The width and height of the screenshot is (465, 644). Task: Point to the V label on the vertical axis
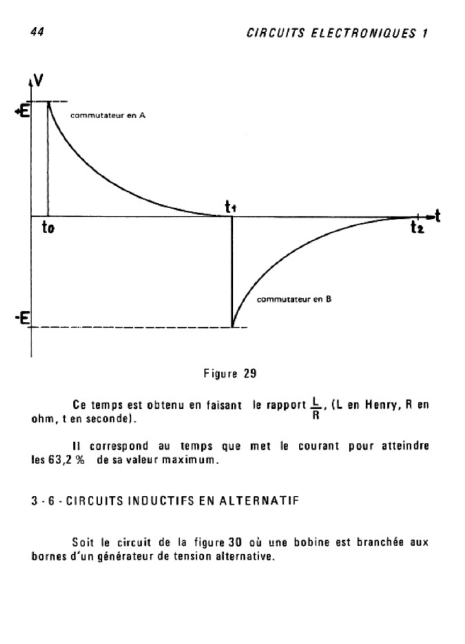point(38,81)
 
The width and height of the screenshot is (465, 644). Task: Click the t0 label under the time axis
point(48,230)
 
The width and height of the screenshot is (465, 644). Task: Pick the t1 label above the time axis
point(230,206)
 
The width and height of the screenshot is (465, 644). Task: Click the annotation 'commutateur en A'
point(109,116)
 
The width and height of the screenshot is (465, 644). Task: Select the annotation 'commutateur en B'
point(294,300)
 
